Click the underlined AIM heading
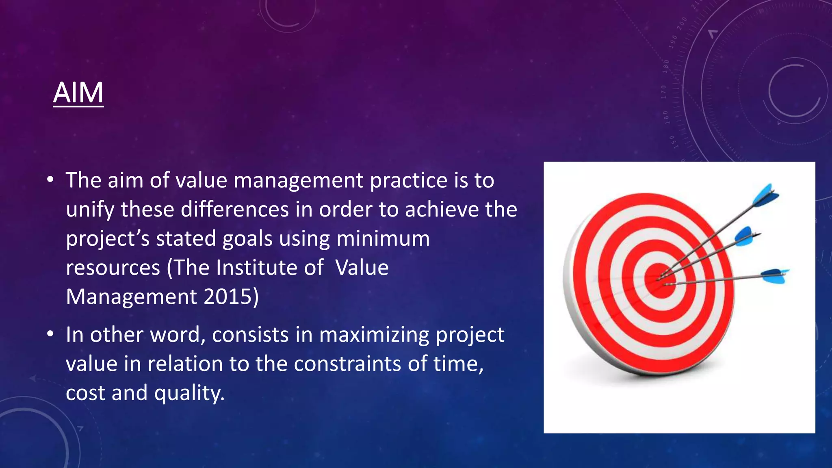(78, 93)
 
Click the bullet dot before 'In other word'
(50, 334)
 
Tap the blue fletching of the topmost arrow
(765, 197)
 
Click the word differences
(235, 210)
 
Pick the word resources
(113, 268)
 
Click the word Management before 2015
(131, 297)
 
